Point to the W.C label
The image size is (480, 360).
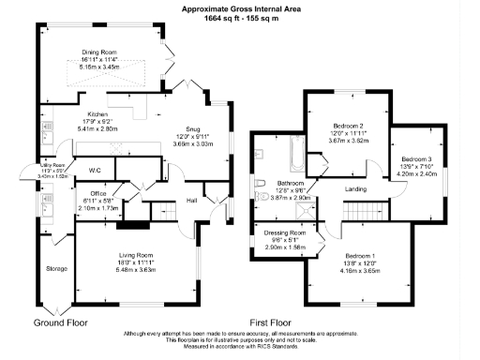(95, 171)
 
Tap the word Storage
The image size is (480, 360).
(56, 268)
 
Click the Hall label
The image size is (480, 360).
(191, 200)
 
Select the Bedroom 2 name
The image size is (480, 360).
(348, 126)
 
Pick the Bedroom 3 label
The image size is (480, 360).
(415, 159)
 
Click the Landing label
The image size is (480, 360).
(355, 190)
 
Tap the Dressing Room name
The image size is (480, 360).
(286, 232)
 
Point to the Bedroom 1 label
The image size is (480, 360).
(360, 256)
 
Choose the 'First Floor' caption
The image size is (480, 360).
(272, 320)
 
